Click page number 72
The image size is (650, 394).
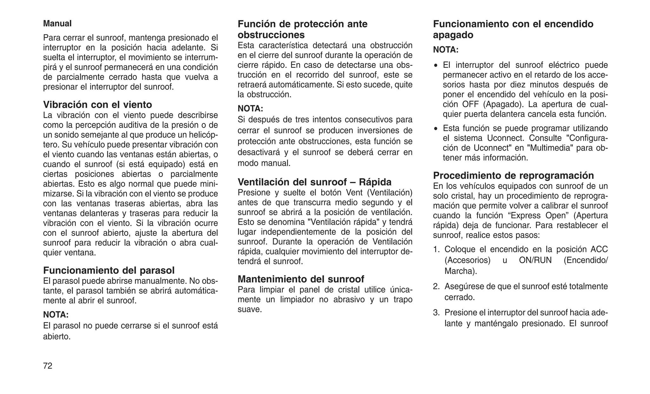click(48, 366)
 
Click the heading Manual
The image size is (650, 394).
click(57, 23)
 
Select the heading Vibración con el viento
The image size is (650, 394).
click(97, 104)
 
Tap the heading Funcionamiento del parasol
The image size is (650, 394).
click(109, 270)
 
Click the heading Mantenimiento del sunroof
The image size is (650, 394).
click(301, 279)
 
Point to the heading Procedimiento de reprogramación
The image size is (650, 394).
click(514, 175)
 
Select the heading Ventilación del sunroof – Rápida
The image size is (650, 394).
click(315, 182)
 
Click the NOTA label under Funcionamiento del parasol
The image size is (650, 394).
click(56, 315)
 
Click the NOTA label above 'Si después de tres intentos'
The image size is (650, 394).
click(250, 108)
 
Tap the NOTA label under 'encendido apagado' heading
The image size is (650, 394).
click(446, 50)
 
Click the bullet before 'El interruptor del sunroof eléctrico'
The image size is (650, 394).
click(436, 66)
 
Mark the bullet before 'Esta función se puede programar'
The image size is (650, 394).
click(436, 129)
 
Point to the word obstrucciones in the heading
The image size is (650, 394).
click(271, 35)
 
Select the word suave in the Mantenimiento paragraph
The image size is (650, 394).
click(249, 309)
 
